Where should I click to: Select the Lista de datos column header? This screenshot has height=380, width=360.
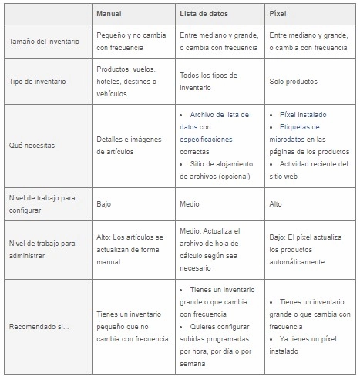point(204,15)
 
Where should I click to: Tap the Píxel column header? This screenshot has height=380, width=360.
point(278,15)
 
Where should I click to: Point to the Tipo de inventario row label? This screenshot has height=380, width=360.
point(36,82)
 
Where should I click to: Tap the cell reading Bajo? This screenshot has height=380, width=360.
point(104,204)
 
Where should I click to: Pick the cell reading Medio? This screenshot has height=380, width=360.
point(190,204)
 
